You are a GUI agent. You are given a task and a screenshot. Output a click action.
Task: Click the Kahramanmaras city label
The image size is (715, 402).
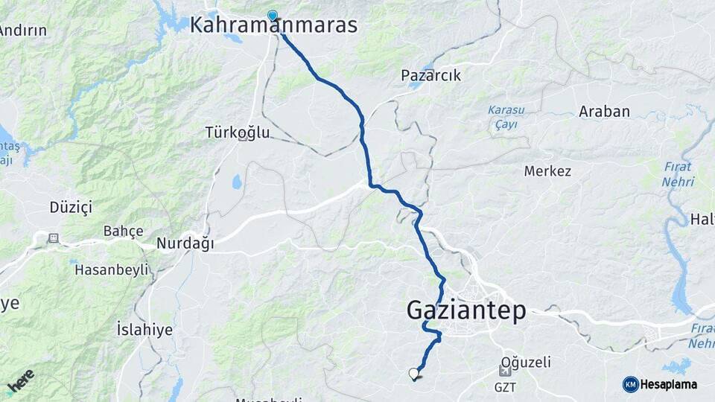(273, 25)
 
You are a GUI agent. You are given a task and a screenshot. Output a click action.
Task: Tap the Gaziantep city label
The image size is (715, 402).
(466, 310)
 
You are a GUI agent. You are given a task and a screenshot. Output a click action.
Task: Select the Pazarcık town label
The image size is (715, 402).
(430, 75)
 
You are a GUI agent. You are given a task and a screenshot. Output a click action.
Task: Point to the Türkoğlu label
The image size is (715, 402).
(238, 133)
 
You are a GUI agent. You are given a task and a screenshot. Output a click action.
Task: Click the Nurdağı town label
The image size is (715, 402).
(185, 243)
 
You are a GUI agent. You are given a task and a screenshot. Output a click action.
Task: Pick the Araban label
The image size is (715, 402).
(604, 112)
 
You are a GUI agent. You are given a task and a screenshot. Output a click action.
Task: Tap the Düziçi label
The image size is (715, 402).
(70, 207)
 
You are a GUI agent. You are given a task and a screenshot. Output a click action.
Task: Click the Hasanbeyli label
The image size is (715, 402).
(111, 269)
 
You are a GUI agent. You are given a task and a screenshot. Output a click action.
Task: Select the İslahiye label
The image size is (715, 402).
(144, 329)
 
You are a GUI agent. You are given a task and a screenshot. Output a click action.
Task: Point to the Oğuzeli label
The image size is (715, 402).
(526, 363)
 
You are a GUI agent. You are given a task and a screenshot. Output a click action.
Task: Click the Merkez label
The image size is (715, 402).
(547, 171)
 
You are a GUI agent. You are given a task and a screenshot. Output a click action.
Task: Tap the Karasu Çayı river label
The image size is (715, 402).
(506, 117)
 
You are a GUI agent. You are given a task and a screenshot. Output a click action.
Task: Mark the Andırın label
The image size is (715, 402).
(22, 31)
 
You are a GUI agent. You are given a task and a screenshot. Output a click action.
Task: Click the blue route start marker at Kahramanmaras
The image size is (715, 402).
(273, 15)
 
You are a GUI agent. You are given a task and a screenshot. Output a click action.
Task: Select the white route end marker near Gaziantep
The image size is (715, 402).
(414, 373)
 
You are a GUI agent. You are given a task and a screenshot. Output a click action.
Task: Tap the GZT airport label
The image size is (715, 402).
(505, 387)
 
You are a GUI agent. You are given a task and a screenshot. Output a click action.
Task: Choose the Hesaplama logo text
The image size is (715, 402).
(668, 384)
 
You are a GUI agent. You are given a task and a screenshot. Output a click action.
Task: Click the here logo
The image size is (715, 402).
(21, 382)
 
